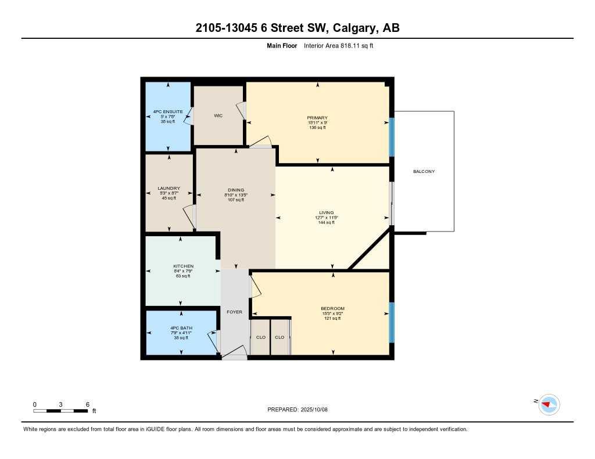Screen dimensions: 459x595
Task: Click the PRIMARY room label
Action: point(317,118)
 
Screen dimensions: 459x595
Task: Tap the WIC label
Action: point(218,115)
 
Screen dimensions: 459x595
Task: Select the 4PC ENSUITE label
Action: point(169,111)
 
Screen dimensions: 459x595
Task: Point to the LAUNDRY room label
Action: point(169,188)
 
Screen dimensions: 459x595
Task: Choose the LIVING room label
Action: point(326,212)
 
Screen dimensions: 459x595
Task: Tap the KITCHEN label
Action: point(183,266)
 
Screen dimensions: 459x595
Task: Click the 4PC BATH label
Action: point(181,328)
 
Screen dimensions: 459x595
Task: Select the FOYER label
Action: point(234,312)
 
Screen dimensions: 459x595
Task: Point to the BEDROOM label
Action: point(332,308)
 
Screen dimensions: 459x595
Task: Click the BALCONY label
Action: point(424,171)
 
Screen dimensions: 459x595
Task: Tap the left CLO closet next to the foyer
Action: point(261,337)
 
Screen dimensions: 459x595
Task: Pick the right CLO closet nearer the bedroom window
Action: point(279,337)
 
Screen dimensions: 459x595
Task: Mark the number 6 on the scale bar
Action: point(87,404)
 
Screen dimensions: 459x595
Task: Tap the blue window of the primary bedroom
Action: point(391,137)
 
